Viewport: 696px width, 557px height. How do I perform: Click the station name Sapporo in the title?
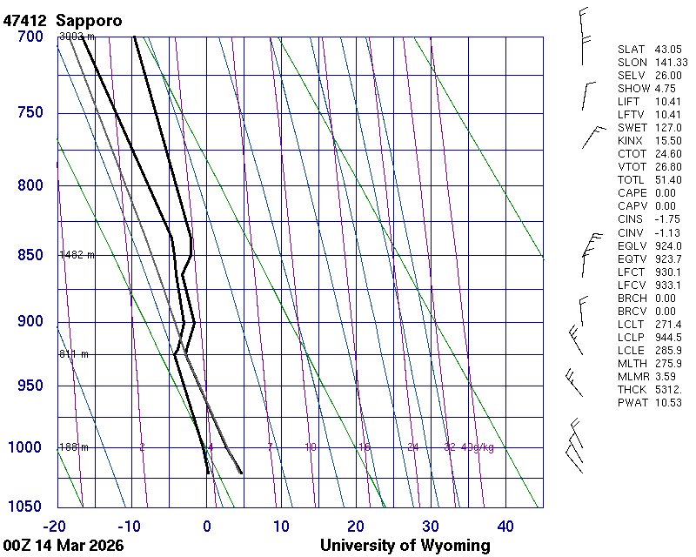pyautogui.click(x=89, y=19)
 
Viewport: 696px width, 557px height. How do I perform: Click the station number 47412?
pyautogui.click(x=26, y=19)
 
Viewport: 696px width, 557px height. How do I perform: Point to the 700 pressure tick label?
pyautogui.click(x=30, y=37)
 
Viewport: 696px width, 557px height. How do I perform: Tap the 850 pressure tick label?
pyautogui.click(x=30, y=255)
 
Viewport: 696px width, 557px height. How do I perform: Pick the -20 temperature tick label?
pyautogui.click(x=56, y=526)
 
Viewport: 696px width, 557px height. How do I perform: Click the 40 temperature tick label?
pyautogui.click(x=505, y=526)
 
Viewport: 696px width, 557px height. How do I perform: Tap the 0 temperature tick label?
pyautogui.click(x=207, y=526)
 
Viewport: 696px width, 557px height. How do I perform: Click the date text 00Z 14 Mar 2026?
pyautogui.click(x=63, y=546)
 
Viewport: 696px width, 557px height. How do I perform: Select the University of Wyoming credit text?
pyautogui.click(x=405, y=546)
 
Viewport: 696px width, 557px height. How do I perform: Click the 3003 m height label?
pyautogui.click(x=77, y=37)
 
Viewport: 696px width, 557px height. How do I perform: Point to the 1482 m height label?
pyautogui.click(x=77, y=255)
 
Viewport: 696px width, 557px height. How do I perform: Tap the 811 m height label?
pyautogui.click(x=74, y=354)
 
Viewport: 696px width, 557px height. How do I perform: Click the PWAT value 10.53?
pyautogui.click(x=668, y=402)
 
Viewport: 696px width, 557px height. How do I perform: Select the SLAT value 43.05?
pyautogui.click(x=668, y=50)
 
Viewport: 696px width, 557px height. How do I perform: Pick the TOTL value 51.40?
pyautogui.click(x=668, y=180)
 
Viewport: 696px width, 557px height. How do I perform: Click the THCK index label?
pyautogui.click(x=632, y=389)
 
